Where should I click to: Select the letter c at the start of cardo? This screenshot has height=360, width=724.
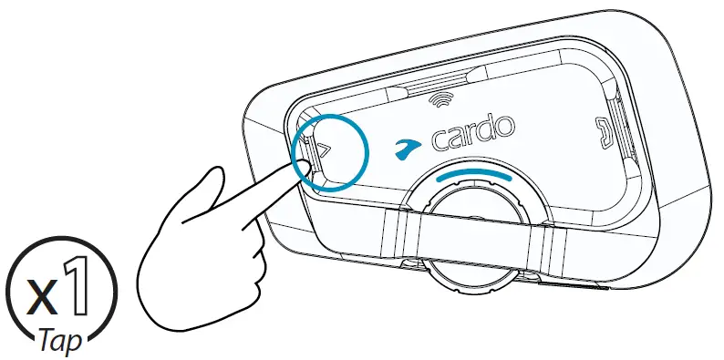(x=436, y=143)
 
